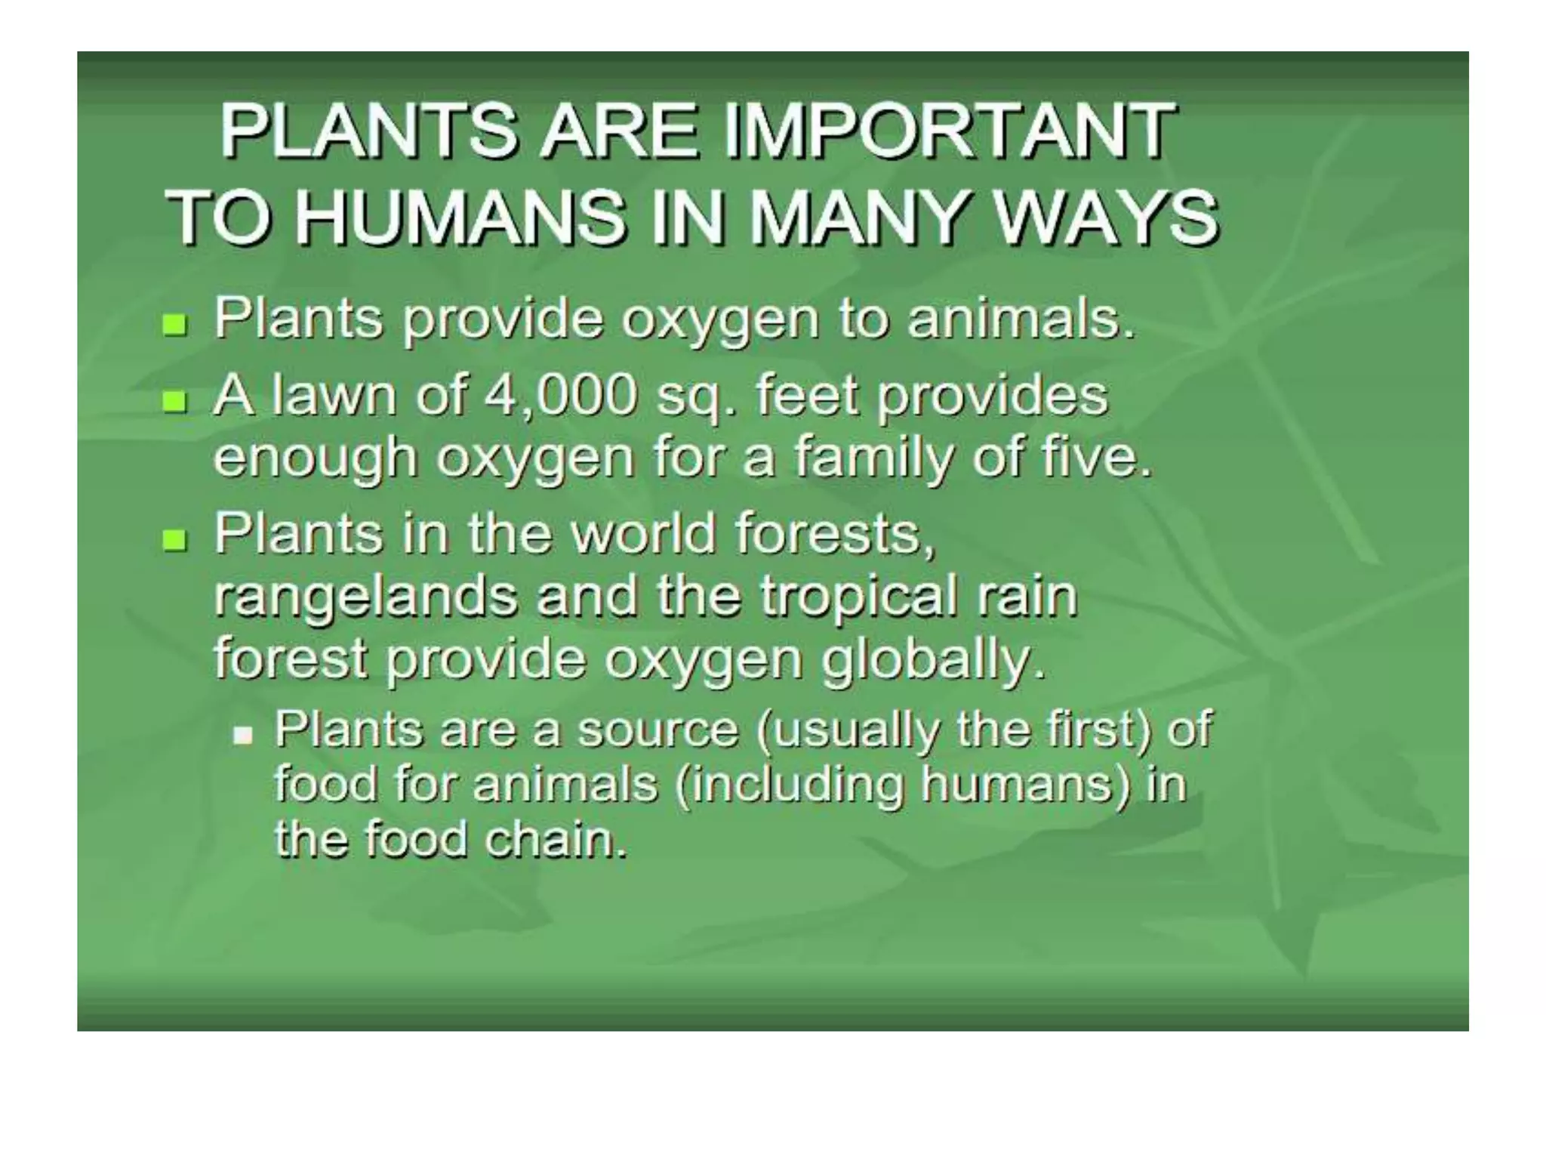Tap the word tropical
[x=858, y=597]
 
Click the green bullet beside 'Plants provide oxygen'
[x=174, y=326]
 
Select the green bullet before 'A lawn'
[x=174, y=401]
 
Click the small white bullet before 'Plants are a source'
[x=243, y=735]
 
